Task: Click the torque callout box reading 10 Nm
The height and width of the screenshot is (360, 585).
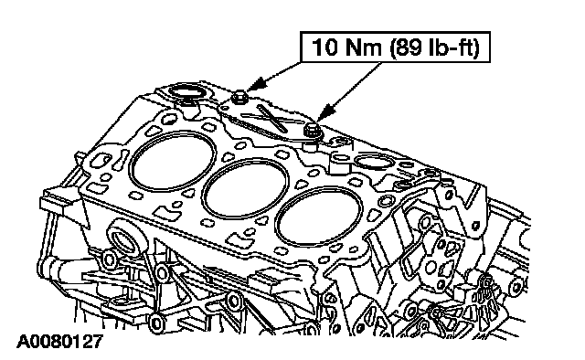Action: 395,47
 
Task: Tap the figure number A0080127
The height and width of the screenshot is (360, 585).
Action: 59,342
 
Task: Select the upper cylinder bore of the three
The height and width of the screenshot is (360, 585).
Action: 173,161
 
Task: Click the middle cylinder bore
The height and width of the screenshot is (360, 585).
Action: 245,189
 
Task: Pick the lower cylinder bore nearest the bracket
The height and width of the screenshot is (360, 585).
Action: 319,218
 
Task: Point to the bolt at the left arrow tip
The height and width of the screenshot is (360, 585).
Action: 238,99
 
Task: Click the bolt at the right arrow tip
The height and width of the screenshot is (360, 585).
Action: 311,130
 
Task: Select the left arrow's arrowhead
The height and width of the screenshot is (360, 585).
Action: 258,84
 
